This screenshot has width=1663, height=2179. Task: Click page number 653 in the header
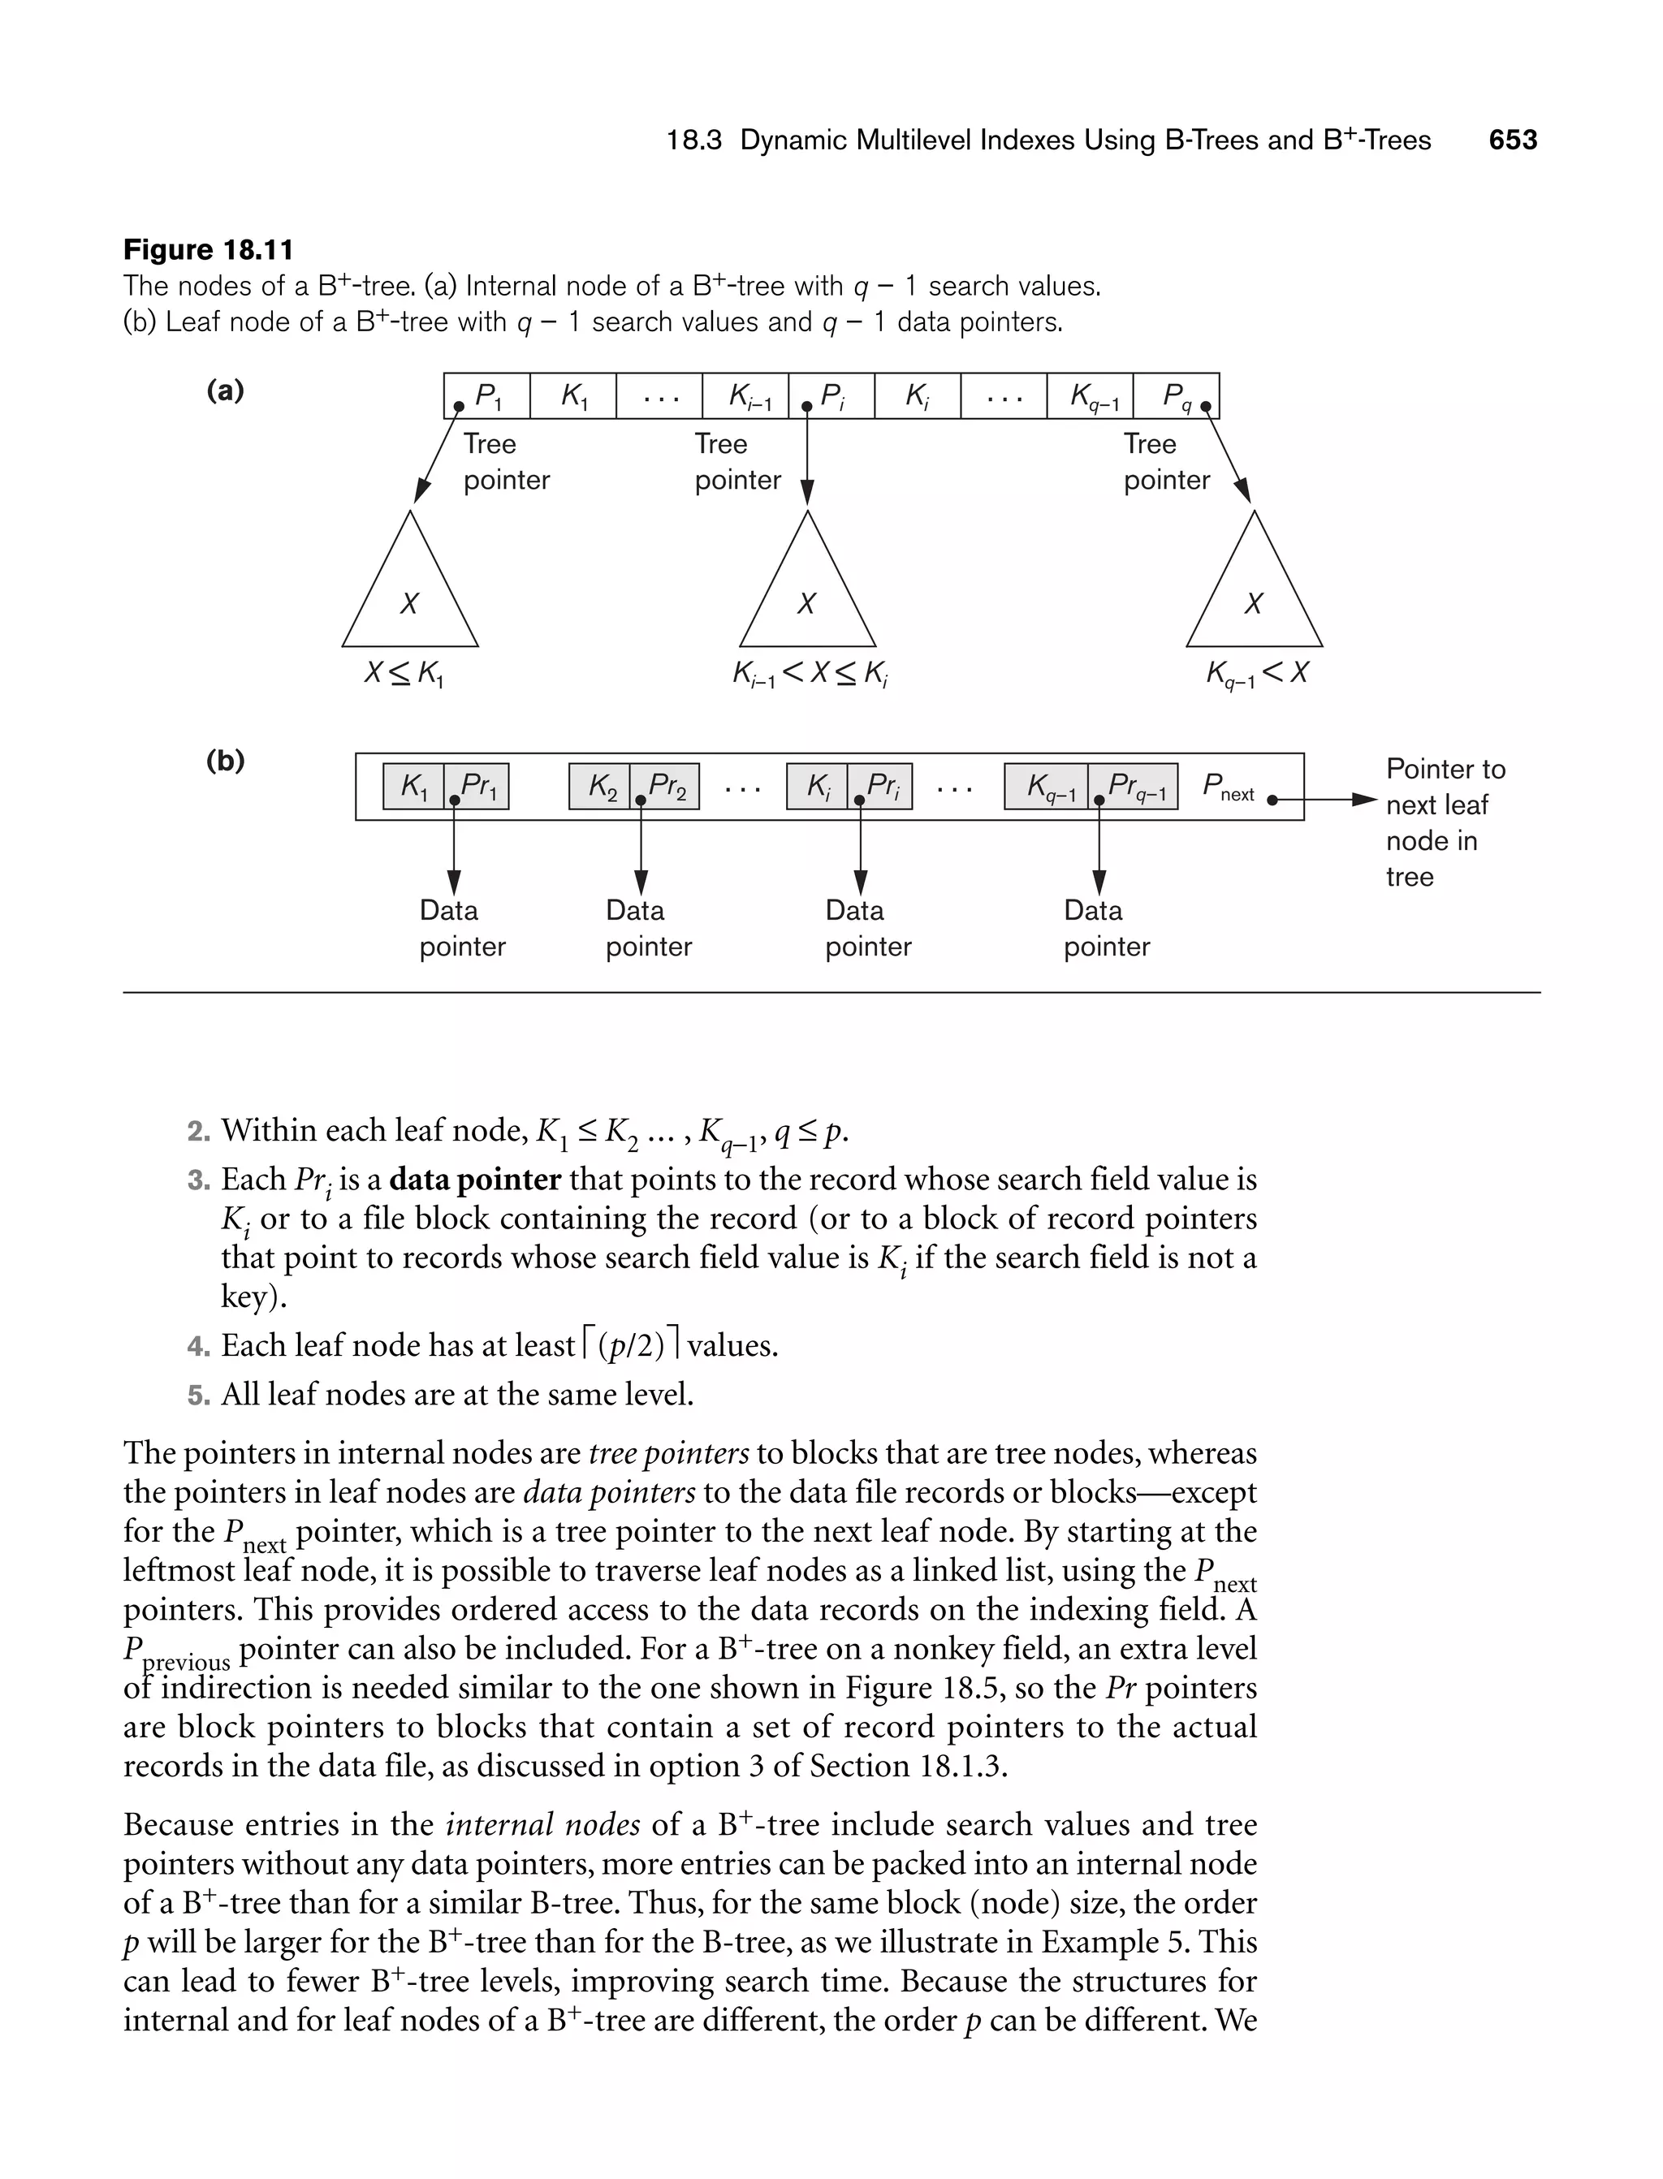1513,140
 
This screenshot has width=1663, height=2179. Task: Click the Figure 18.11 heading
208,249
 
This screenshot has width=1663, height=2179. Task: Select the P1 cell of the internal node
487,396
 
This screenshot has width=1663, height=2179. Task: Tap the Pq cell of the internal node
1176,396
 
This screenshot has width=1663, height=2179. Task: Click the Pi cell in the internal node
831,396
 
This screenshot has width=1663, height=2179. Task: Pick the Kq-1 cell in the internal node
1090,396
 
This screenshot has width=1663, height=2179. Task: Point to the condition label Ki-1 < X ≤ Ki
810,675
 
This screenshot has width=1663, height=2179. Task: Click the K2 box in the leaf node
600,787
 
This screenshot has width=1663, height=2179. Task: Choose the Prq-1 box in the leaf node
1134,787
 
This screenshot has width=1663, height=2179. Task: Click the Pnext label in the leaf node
1228,787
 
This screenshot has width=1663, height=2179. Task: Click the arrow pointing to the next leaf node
1327,800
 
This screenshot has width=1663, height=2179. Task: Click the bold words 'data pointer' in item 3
475,1180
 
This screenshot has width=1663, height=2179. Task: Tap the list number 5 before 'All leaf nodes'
198,1396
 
